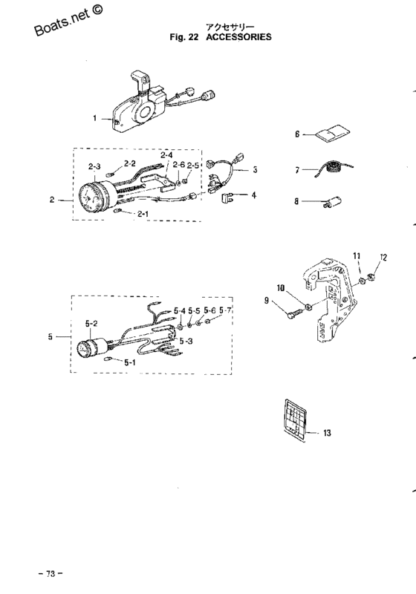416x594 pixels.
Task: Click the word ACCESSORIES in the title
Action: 238,36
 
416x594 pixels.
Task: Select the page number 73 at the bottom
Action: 51,573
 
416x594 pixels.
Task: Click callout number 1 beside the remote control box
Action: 95,118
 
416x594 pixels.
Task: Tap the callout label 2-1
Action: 143,215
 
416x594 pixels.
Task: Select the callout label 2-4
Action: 166,155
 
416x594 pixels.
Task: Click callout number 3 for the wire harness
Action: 255,170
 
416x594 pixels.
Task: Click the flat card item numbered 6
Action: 333,134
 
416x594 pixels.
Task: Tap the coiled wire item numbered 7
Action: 334,169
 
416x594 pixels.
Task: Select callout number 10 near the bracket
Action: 281,288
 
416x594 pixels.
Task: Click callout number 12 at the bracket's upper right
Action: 383,258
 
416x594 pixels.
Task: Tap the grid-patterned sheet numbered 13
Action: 294,419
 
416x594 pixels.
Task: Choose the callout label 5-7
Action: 225,310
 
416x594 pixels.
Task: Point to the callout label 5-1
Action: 129,362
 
